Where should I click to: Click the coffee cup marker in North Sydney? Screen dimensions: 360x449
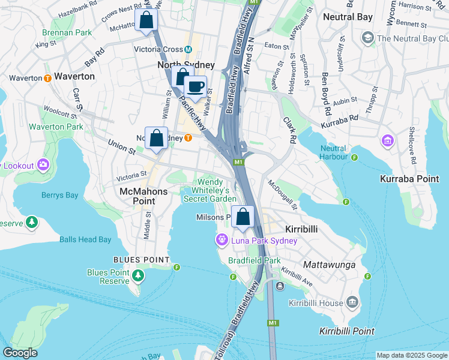(x=195, y=86)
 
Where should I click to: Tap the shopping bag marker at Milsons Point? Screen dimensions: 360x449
(x=243, y=217)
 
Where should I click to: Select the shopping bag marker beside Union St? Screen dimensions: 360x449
(x=156, y=138)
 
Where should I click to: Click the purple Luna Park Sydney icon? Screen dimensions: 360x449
(x=221, y=241)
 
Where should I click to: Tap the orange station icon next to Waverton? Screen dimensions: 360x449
(x=47, y=78)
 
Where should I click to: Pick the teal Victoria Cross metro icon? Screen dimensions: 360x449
(x=188, y=49)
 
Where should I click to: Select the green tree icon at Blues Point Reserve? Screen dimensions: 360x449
(x=139, y=275)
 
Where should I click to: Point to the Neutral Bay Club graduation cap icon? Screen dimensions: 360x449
(x=367, y=38)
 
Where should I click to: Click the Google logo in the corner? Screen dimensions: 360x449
(x=20, y=353)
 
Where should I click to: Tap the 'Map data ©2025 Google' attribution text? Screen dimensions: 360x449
(x=411, y=355)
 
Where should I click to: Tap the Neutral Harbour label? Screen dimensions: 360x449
(x=334, y=152)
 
